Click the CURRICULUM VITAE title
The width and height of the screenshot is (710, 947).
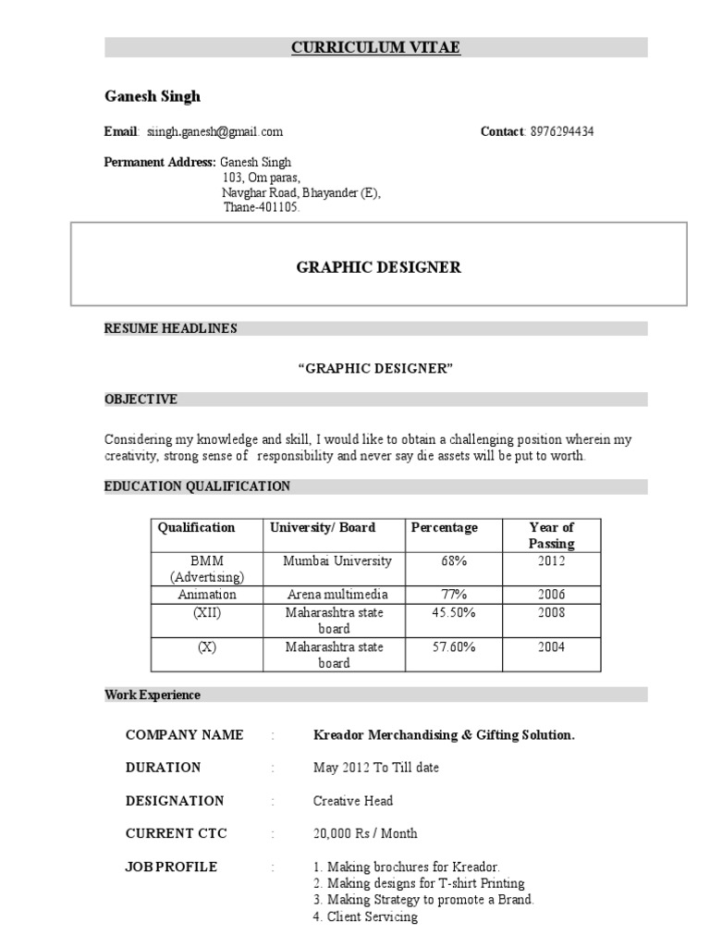[x=375, y=48]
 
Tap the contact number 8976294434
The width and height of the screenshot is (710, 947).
[x=562, y=131]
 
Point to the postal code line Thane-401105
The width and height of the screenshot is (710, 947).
[x=262, y=208]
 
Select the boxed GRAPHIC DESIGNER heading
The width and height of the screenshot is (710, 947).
[x=378, y=267]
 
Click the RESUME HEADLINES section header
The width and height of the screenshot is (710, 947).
[x=170, y=328]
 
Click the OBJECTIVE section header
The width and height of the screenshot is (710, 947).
[x=141, y=400]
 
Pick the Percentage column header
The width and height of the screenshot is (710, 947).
[x=445, y=527]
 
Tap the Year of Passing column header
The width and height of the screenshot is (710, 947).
[x=551, y=535]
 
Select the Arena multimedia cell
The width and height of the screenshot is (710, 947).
[x=337, y=595]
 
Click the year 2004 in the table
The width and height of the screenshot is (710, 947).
[x=551, y=647]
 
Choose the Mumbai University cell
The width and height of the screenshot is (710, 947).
[x=337, y=561]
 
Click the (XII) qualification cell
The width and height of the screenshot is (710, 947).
[x=207, y=613]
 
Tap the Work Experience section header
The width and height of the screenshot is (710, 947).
[x=153, y=695]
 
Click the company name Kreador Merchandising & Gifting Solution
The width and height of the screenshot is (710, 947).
[x=444, y=735]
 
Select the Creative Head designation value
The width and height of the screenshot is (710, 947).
[x=352, y=801]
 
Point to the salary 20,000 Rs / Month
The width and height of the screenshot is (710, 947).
[x=364, y=833]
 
